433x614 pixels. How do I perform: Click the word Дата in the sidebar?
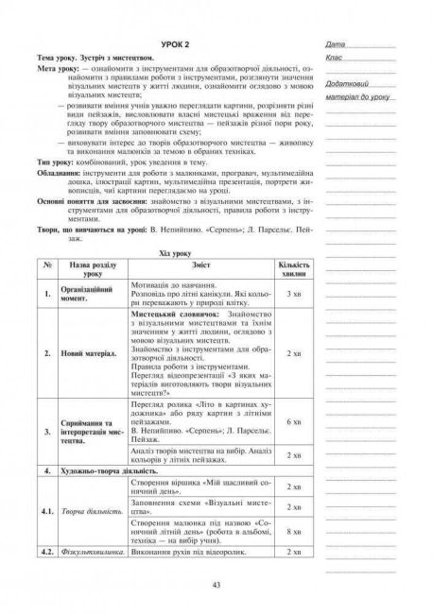332,45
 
